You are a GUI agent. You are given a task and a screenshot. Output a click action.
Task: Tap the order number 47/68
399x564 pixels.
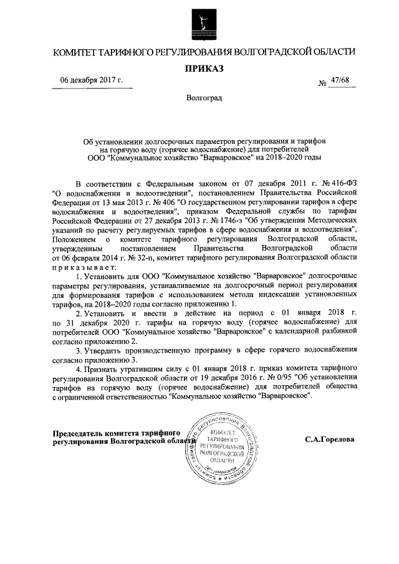[340, 80]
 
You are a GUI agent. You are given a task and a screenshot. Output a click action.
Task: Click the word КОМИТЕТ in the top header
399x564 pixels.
[73, 51]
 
